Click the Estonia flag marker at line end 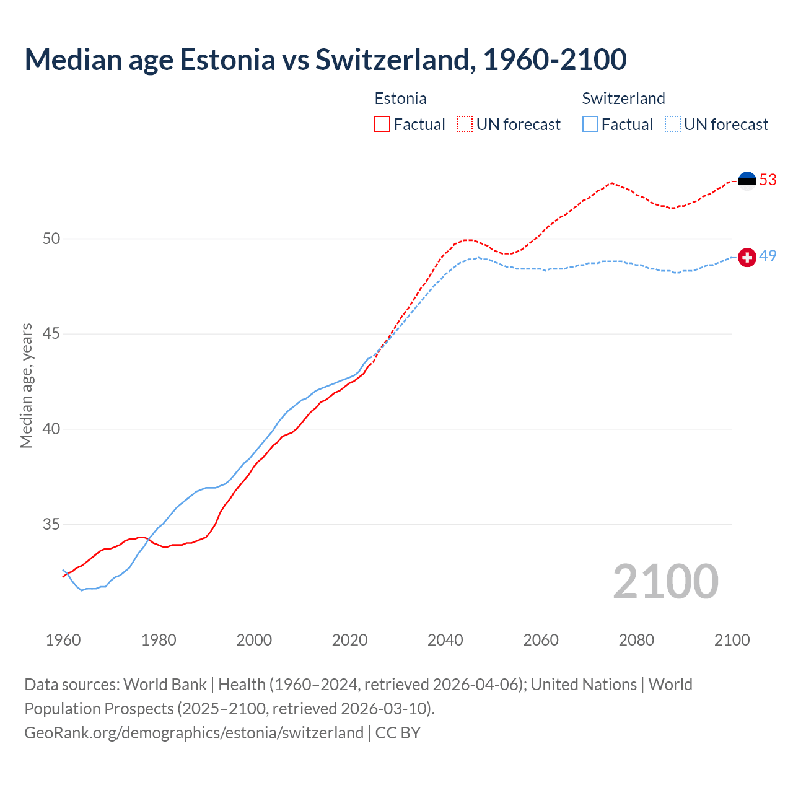click(747, 180)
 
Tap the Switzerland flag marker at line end click(747, 257)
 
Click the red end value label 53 click(768, 180)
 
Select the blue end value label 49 click(768, 256)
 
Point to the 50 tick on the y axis click(51, 239)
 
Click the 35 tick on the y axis click(51, 524)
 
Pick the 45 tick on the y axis click(51, 334)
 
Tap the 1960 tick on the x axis click(63, 640)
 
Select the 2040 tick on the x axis click(445, 640)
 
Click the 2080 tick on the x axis click(636, 640)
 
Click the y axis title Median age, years click(26, 385)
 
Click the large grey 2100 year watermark click(665, 582)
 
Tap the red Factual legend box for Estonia click(382, 125)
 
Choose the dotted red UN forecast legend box click(465, 125)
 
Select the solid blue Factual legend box click(590, 125)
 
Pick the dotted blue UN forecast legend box click(673, 125)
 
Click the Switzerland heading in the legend click(623, 99)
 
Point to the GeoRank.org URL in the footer click(193, 732)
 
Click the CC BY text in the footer click(398, 732)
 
